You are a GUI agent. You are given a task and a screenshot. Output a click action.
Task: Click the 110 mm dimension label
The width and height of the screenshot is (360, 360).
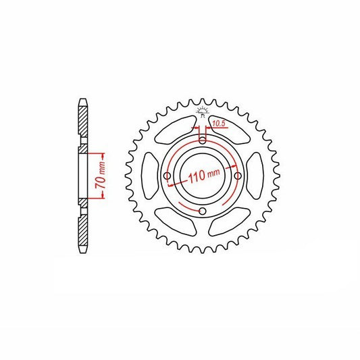click(x=204, y=175)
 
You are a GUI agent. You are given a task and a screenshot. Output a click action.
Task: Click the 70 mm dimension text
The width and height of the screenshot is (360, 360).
click(x=101, y=176)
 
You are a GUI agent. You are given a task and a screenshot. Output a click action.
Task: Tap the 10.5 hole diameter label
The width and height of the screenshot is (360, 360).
click(x=218, y=124)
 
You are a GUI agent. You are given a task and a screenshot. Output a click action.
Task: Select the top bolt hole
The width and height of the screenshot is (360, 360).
click(x=202, y=140)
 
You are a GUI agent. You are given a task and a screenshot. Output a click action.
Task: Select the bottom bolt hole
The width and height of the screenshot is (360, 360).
click(x=202, y=211)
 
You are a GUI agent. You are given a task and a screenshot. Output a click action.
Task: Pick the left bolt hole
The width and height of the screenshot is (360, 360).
click(x=167, y=176)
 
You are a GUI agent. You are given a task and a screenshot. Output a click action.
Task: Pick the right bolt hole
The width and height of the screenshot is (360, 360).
click(x=238, y=176)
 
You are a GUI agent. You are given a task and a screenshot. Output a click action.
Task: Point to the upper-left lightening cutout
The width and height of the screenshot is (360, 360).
click(x=176, y=129)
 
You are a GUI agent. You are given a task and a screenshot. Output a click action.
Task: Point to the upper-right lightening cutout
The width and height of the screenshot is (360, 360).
click(x=230, y=129)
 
